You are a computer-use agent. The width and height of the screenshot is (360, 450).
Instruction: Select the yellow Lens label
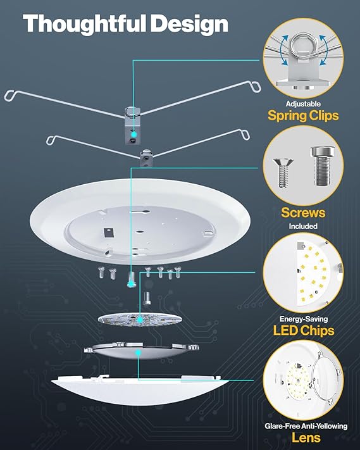tap(305, 437)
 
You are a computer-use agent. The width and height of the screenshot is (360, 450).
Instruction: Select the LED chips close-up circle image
tap(302, 273)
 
